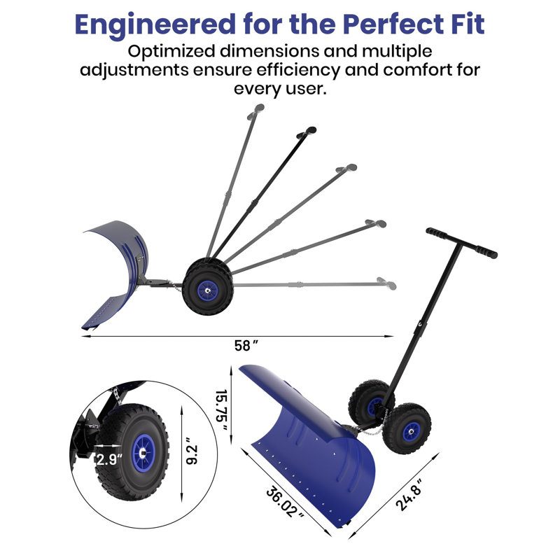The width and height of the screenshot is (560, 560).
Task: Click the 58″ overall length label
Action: coord(246,346)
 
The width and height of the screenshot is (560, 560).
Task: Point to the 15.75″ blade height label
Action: coord(222,410)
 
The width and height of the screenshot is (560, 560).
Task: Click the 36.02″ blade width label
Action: coord(286,503)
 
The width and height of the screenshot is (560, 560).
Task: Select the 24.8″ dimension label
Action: coord(409,495)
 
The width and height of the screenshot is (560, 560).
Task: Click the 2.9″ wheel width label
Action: coord(109,459)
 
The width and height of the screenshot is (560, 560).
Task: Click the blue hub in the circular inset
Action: coord(143,453)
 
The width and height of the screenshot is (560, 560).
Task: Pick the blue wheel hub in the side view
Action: coord(207,290)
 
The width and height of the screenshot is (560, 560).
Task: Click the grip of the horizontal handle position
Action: coord(387,283)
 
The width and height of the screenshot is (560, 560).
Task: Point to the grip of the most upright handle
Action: coord(255,111)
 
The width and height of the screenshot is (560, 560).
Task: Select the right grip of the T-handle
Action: coord(486,251)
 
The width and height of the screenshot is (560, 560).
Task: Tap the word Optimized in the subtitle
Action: coord(171,52)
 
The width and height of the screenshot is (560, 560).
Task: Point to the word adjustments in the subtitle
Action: coord(134,70)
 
